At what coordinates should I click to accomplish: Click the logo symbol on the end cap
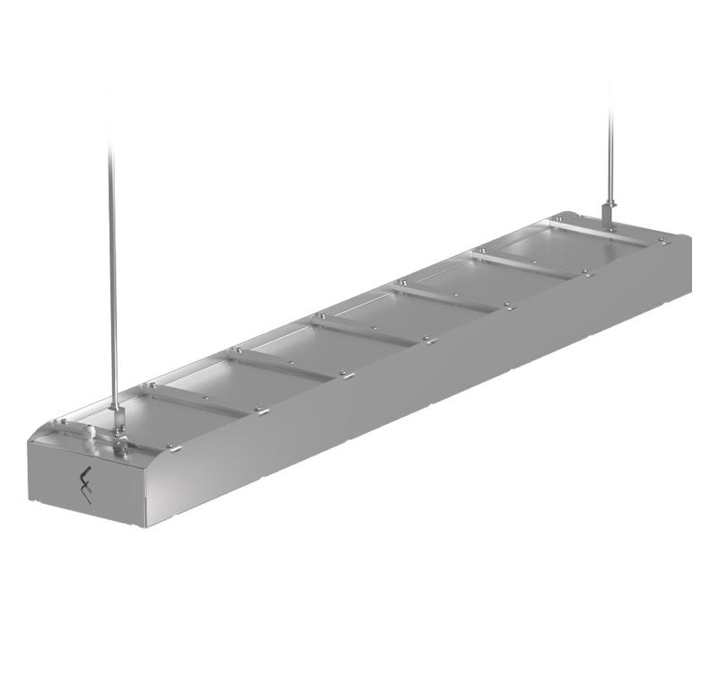pos(86,484)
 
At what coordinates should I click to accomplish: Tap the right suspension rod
pos(610,144)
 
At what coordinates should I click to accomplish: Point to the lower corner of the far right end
pos(689,292)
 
